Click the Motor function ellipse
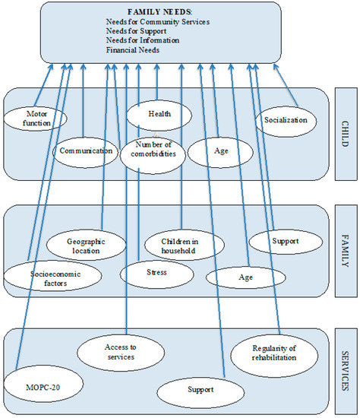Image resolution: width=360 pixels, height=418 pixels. point(35,119)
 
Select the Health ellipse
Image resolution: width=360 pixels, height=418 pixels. point(159,116)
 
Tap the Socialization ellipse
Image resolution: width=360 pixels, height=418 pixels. point(286,122)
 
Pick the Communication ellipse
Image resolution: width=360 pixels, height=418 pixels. point(85,152)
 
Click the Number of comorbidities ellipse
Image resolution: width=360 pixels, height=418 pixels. point(153,155)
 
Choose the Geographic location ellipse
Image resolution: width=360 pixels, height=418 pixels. point(86,245)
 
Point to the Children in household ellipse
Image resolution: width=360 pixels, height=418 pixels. point(185,245)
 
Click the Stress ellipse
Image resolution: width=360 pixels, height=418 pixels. point(156,274)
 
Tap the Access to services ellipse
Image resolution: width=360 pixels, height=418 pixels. point(121,353)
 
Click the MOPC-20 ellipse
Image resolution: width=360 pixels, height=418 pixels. point(43,387)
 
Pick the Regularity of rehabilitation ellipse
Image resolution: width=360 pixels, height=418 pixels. point(274,356)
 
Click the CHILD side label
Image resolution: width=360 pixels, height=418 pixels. point(345,134)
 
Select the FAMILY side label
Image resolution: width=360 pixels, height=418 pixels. point(345,251)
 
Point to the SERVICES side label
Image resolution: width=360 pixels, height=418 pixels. point(345,371)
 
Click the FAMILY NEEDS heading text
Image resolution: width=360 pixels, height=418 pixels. point(159,11)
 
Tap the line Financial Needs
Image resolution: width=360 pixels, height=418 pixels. point(133,50)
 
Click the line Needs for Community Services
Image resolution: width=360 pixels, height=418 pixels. point(158,21)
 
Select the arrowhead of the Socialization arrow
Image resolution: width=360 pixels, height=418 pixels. point(276,66)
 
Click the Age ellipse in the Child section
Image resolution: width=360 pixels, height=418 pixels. point(220,152)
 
